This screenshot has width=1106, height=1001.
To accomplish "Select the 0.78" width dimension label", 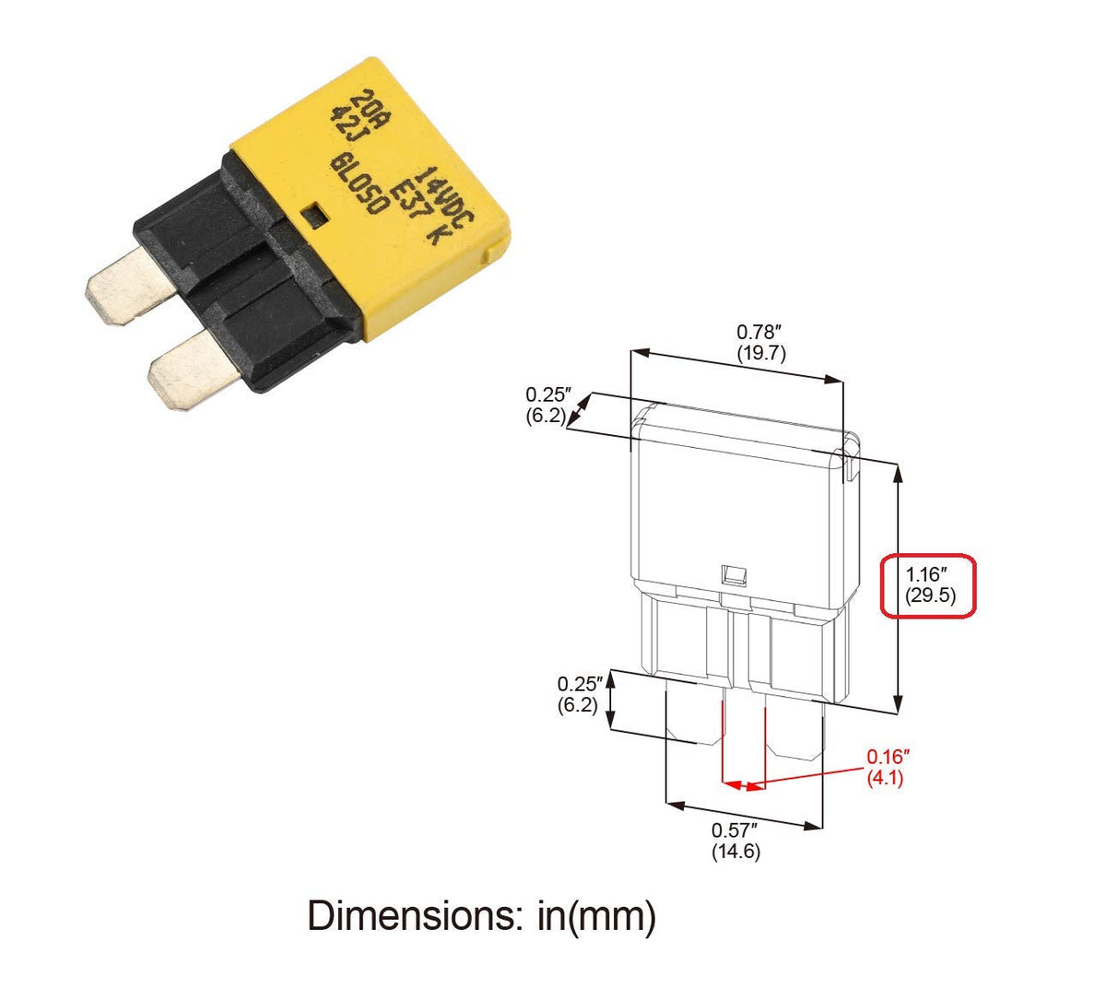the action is [x=759, y=332].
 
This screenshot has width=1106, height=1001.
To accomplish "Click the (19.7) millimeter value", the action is [x=761, y=353].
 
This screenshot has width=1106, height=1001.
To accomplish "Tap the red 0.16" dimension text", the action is [x=888, y=756].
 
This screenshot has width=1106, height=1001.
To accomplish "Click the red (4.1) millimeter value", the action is [x=885, y=778].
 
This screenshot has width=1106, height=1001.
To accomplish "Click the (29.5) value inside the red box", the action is [x=930, y=595].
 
